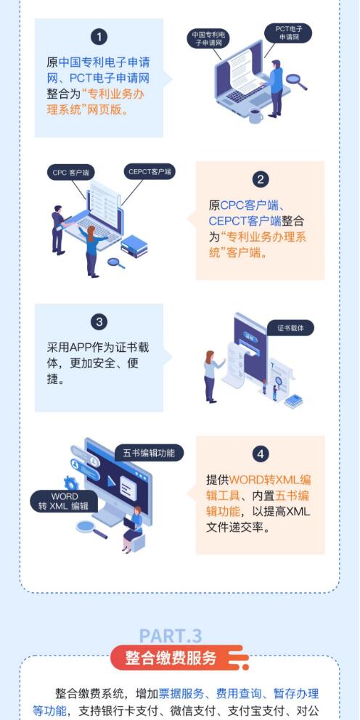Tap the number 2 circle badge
(261, 179)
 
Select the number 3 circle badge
(99, 322)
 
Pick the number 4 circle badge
(261, 455)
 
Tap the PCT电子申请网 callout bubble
(288, 33)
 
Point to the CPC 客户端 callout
(70, 172)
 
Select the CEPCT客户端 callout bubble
(150, 172)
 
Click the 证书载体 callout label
(290, 328)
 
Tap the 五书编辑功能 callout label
(149, 453)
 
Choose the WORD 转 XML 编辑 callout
(65, 502)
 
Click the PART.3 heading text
(171, 637)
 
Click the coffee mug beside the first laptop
(255, 115)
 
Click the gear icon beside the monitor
(71, 483)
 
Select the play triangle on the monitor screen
(110, 482)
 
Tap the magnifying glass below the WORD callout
(91, 529)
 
